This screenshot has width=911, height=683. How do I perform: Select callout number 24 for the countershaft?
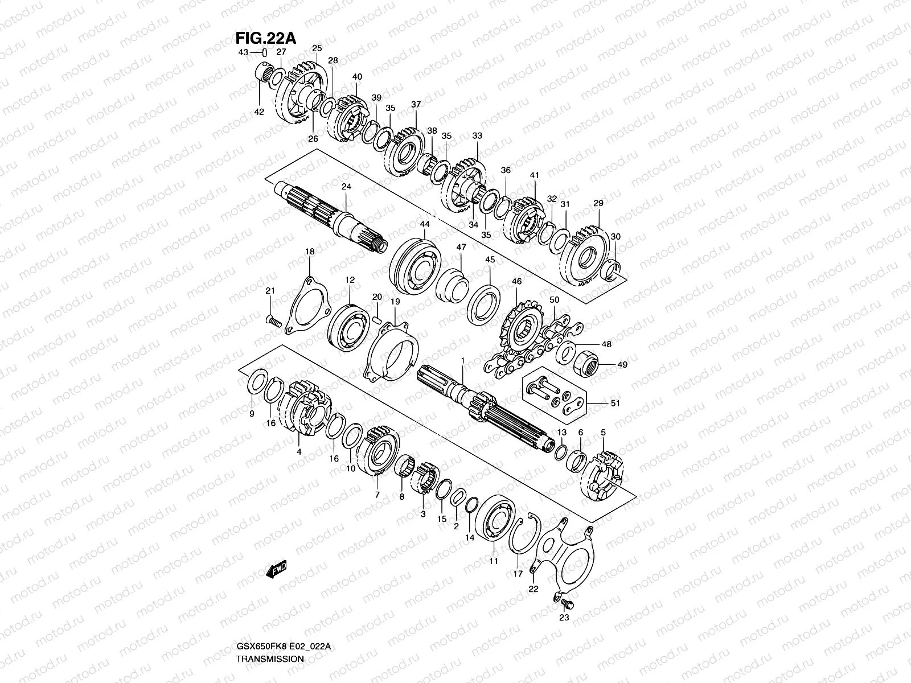[x=346, y=187]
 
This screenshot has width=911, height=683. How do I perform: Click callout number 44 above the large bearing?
[x=425, y=225]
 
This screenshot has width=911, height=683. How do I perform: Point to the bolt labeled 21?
[x=274, y=322]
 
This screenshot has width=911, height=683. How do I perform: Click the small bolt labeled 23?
[x=565, y=601]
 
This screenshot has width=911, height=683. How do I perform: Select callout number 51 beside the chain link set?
[x=615, y=403]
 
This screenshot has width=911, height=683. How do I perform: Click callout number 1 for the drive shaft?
[x=463, y=360]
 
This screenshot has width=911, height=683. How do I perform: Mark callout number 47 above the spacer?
[x=461, y=248]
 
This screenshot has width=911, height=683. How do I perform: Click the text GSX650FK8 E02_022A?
[x=283, y=647]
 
